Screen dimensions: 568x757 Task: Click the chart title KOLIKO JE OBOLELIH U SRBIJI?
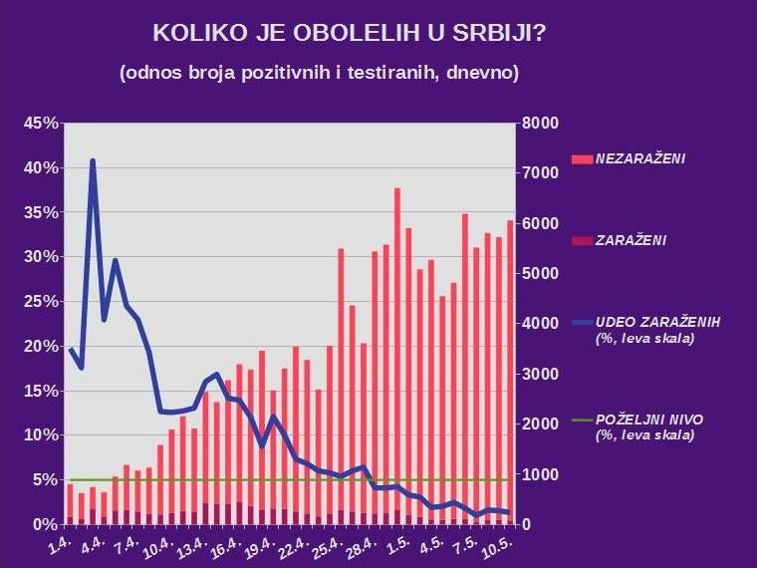349,33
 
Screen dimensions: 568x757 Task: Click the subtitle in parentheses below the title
319,74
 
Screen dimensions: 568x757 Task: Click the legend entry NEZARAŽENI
639,158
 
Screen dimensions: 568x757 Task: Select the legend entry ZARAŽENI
631,240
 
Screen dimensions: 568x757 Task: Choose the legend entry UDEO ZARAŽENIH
657,322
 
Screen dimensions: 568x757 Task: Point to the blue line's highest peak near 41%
93,160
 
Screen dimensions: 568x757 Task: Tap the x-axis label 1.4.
62,545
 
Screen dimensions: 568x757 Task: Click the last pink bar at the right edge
510,369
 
